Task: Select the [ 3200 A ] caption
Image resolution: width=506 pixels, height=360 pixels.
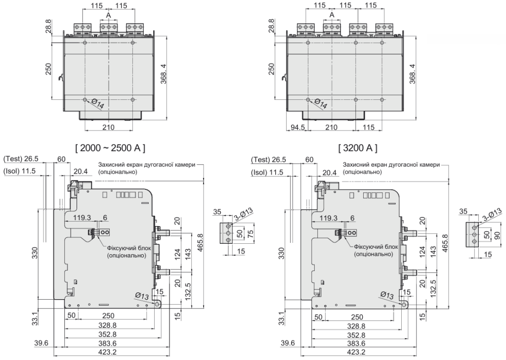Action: pos(358,147)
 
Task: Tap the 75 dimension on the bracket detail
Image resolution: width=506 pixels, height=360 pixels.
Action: pos(251,233)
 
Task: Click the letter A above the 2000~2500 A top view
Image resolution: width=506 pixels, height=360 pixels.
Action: pos(109,15)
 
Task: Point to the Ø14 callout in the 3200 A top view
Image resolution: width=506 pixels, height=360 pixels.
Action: pos(320,104)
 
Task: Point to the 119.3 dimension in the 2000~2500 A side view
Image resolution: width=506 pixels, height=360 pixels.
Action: pos(82,218)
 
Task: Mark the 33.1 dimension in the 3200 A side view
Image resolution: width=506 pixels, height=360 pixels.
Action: pos(281,318)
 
